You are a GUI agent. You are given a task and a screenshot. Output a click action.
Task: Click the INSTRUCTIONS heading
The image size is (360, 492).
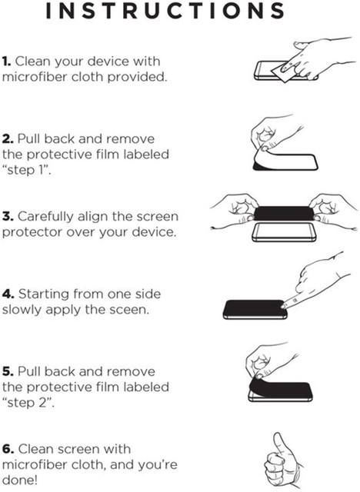[165, 11]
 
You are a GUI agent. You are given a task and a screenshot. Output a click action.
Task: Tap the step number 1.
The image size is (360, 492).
[6, 61]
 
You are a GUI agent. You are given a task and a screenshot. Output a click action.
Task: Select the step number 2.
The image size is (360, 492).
[8, 138]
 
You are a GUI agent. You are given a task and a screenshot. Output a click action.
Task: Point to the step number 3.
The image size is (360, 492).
[8, 216]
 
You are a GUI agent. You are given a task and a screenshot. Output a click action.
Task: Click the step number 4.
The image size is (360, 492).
[8, 294]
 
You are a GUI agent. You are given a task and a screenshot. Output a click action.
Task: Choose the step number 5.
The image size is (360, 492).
[8, 371]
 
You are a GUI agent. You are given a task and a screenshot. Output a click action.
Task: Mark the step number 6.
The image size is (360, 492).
[8, 449]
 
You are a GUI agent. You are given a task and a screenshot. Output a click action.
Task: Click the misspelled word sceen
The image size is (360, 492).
[129, 311]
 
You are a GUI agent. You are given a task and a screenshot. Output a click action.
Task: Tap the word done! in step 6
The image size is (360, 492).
[20, 480]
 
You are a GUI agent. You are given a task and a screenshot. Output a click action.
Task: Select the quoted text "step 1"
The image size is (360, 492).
[26, 170]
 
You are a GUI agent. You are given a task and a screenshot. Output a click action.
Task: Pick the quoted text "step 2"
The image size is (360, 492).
[28, 403]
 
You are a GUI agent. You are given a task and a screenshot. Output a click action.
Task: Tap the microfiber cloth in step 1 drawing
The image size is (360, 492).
[283, 73]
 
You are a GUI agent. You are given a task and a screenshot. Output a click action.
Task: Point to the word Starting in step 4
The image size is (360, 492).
[44, 294]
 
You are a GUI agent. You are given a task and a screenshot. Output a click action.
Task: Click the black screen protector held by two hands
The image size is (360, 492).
[284, 213]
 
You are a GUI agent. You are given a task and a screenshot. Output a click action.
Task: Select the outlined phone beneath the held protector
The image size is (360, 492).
[284, 232]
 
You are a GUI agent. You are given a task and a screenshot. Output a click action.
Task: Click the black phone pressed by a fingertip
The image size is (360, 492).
[255, 310]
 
